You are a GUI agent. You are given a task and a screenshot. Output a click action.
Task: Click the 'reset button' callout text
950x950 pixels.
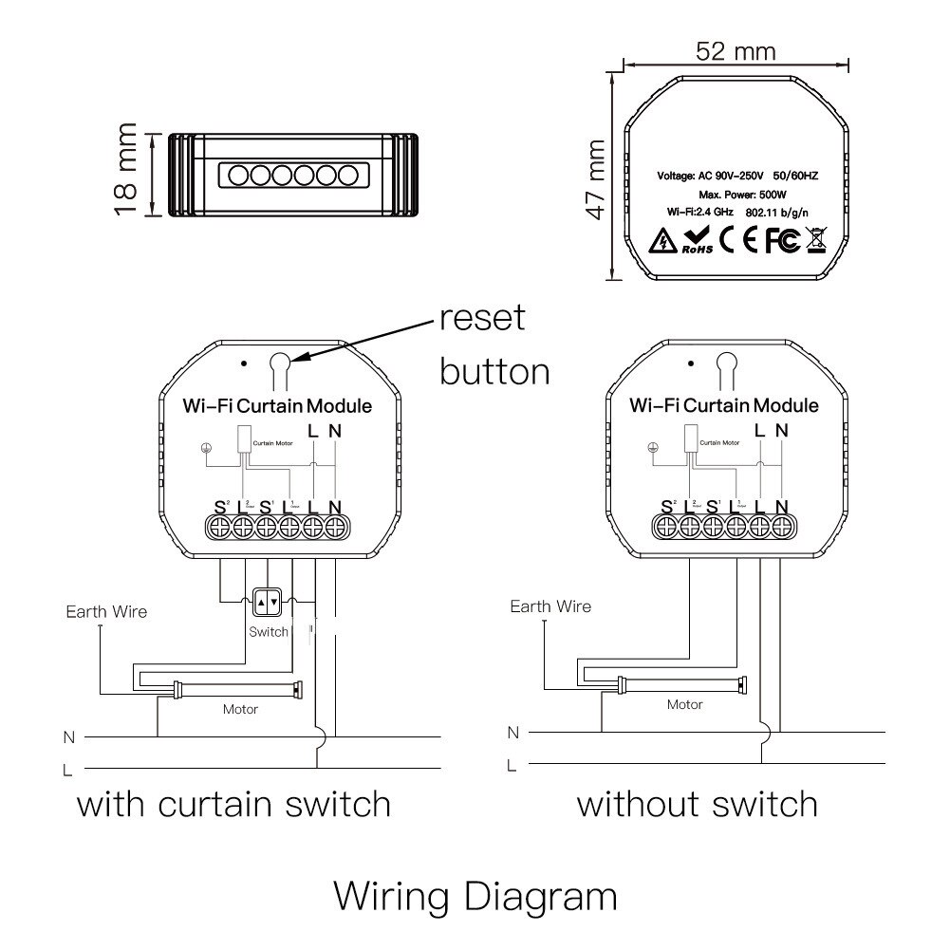point(494,344)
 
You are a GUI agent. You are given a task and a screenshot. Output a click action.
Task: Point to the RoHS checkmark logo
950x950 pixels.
point(697,241)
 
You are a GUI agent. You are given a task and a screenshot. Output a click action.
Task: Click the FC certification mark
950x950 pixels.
point(782,241)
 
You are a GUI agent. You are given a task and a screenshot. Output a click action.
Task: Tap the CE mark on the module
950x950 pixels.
point(738,241)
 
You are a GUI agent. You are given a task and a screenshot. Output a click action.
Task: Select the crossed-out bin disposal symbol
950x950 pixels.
point(816,240)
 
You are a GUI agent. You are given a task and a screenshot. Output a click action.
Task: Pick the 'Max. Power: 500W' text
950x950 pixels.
point(736,194)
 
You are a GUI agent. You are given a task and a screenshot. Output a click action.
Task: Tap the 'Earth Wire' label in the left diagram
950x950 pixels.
point(106,611)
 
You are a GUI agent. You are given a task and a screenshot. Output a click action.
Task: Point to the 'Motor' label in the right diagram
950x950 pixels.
point(684,704)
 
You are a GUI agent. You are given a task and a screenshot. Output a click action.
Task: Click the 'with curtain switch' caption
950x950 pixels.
point(233,805)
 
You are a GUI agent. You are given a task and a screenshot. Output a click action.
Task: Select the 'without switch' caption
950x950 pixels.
point(698,805)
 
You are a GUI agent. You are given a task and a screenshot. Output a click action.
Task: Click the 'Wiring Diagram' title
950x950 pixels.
point(475,895)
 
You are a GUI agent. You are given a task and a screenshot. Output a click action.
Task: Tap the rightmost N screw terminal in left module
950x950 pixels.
point(335,528)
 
